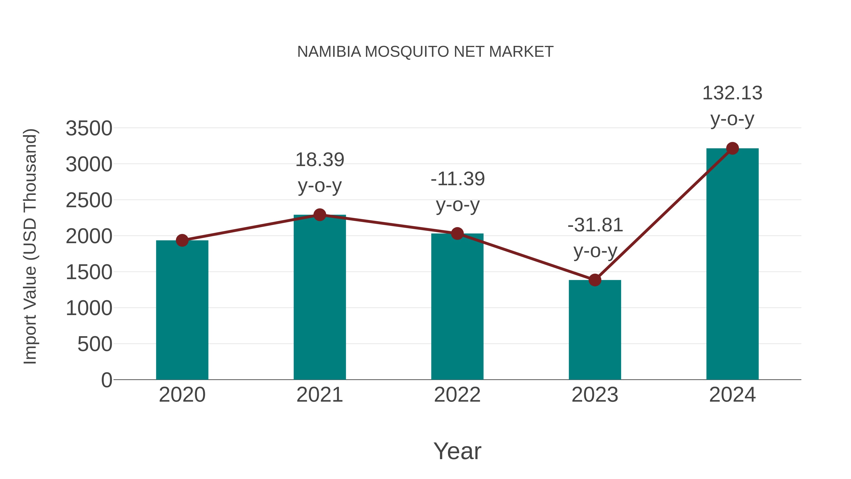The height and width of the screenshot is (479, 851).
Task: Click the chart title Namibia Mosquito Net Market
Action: point(425,52)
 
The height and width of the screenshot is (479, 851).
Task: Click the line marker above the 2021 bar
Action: point(319,215)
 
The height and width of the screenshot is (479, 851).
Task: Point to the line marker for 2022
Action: point(457,234)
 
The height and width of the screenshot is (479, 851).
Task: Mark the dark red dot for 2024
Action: point(732,148)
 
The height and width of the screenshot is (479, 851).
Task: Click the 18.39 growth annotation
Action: point(319,160)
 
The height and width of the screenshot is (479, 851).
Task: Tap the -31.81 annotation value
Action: point(595,225)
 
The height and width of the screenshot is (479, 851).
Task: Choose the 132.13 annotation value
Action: point(732,93)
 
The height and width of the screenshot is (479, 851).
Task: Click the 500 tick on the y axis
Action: point(95,344)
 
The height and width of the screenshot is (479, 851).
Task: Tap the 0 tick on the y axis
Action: point(106,380)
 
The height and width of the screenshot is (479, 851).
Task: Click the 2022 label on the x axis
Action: point(457,395)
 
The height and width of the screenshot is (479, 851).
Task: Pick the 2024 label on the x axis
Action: point(732,395)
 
